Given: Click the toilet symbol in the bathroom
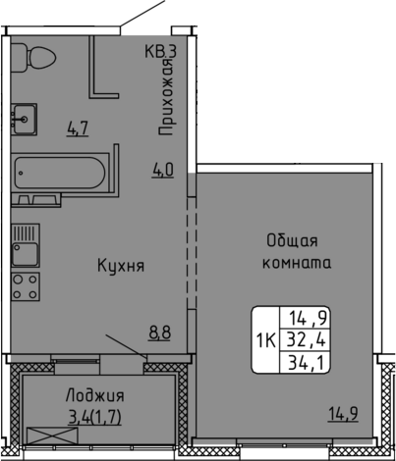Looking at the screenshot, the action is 32,58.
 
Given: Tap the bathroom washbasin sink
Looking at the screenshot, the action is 24,120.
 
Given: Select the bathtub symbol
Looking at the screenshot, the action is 60,173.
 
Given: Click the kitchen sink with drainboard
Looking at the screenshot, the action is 26,245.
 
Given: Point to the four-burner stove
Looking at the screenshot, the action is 26,286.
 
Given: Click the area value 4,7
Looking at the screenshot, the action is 78,128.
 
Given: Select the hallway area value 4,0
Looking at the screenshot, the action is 162,170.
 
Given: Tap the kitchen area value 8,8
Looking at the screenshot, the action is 159,333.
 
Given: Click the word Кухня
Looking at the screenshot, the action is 121,266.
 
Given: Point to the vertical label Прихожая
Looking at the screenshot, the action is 166,97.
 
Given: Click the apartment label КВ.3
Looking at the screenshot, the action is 161,52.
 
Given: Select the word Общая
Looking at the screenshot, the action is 292,241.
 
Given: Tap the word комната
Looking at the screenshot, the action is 297,263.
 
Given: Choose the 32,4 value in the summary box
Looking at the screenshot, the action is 307,340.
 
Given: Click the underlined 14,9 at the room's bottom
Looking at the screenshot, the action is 343,414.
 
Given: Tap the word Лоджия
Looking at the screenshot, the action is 95,396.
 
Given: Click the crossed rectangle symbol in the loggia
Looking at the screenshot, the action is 52,435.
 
